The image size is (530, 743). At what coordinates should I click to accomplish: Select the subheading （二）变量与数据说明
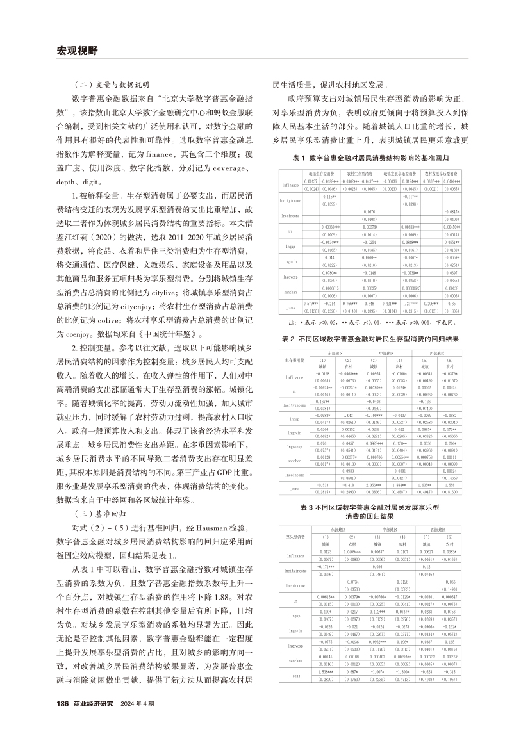[x=110, y=84]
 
